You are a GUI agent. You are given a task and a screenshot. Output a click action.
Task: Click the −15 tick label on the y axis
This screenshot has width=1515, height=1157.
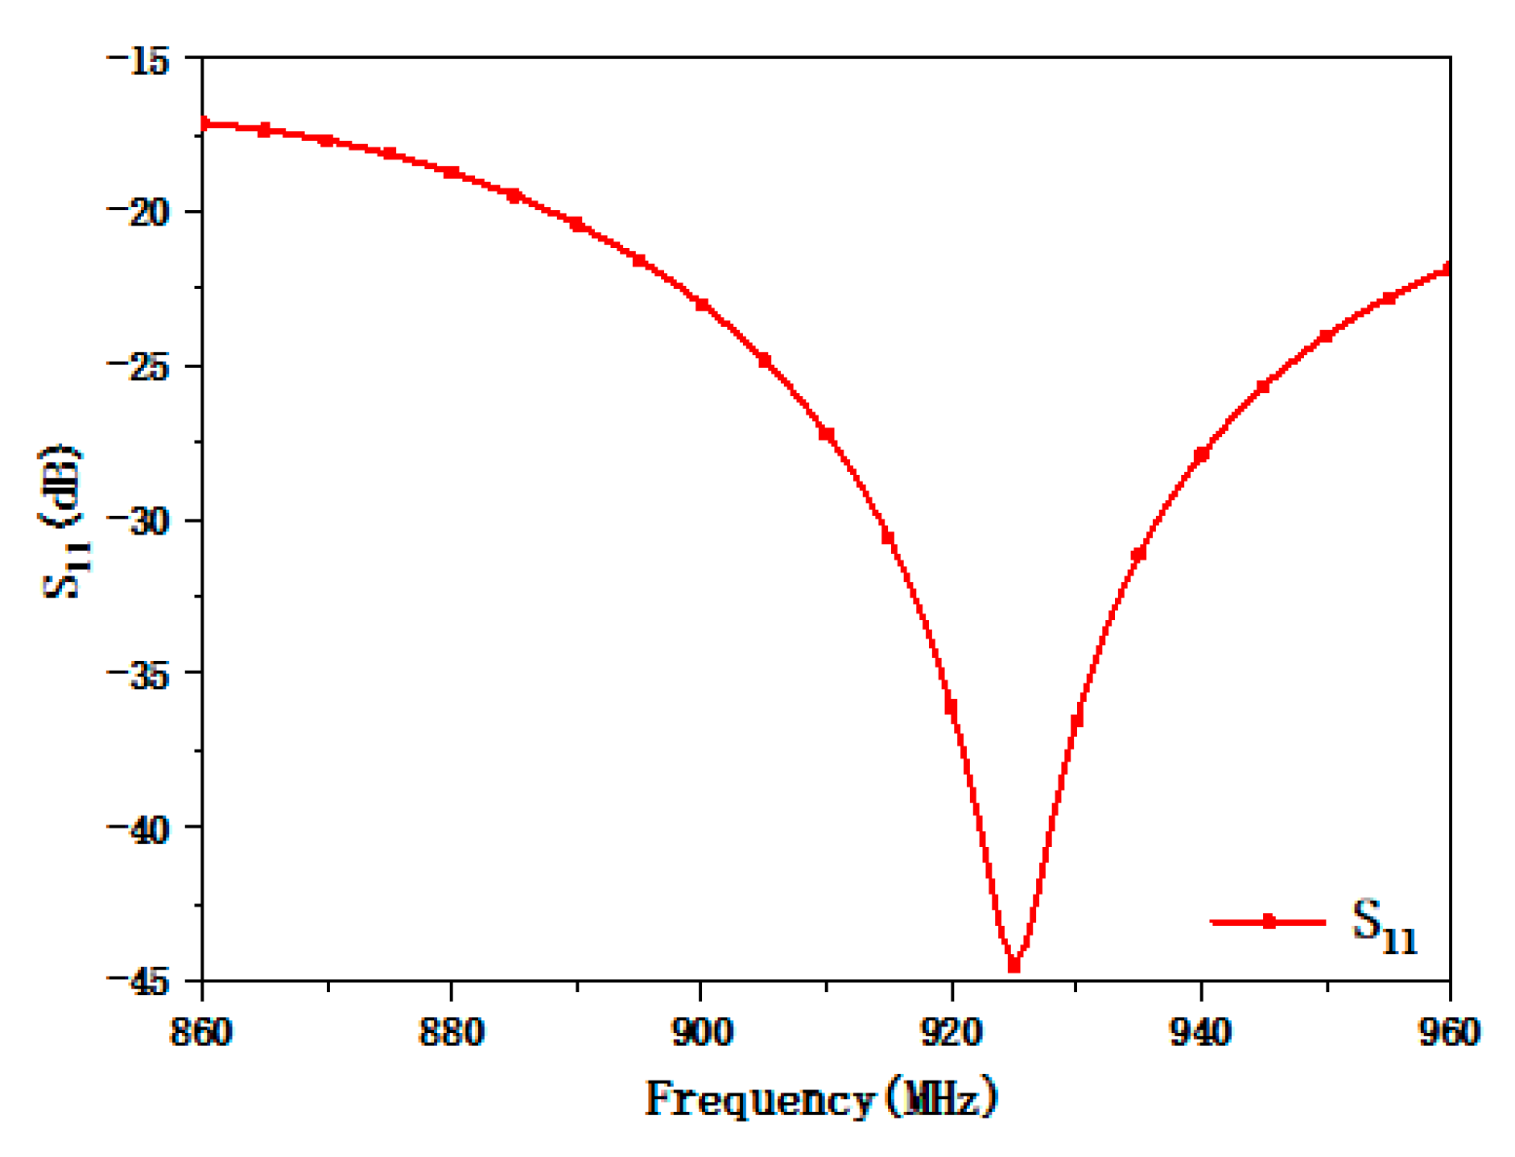[x=138, y=59]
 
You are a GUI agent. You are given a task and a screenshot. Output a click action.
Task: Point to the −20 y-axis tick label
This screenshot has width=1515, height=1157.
[x=138, y=213]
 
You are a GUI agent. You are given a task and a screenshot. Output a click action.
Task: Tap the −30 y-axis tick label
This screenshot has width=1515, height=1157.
[x=138, y=521]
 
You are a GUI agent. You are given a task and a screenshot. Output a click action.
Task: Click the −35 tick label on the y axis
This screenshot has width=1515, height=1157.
[x=138, y=674]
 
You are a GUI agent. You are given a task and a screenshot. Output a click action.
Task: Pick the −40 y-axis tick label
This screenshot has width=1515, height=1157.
[x=138, y=828]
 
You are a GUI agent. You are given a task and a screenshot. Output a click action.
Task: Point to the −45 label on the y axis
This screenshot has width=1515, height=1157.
[x=138, y=981]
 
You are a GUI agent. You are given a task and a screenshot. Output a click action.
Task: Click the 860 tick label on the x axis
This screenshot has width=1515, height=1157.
[x=201, y=1031]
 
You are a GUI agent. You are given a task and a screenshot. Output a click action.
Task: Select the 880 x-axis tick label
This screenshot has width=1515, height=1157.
[x=451, y=1031]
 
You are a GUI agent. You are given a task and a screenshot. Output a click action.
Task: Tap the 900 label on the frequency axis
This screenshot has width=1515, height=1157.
[x=702, y=1031]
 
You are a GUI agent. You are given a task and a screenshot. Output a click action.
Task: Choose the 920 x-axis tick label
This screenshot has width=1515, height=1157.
[x=952, y=1031]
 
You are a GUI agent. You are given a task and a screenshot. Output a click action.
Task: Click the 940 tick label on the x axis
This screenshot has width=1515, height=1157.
[x=1201, y=1031]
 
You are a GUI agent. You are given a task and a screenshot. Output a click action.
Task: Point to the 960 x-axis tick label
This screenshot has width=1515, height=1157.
[x=1449, y=1031]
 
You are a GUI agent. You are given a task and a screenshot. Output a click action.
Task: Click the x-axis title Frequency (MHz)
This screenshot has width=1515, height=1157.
[x=821, y=1098]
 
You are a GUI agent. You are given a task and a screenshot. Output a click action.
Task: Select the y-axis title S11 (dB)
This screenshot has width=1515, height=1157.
[x=60, y=521]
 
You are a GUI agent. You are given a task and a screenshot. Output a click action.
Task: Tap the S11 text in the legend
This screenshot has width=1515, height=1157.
[x=1383, y=926]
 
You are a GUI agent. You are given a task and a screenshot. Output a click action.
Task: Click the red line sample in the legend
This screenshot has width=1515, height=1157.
[x=1268, y=922]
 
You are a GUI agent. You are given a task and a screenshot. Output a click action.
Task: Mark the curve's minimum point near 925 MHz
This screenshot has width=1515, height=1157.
[x=1013, y=964]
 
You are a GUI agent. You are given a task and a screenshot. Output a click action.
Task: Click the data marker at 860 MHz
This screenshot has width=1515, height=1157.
[x=204, y=123]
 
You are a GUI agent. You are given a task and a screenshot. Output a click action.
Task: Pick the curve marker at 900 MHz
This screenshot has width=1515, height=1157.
[x=702, y=305]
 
